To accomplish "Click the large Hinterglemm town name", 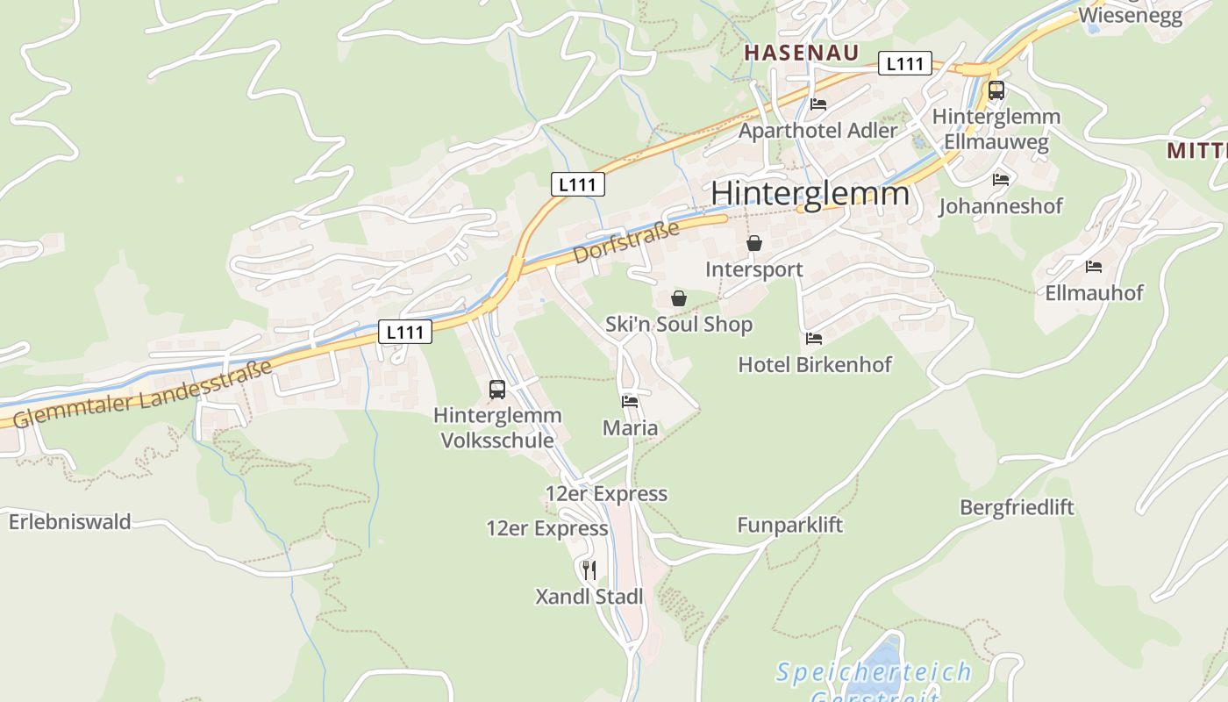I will pyautogui.click(x=810, y=193).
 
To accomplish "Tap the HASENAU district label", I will pyautogui.click(x=801, y=53).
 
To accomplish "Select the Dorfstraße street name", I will pyautogui.click(x=626, y=242).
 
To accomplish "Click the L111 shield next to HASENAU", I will pyautogui.click(x=904, y=63).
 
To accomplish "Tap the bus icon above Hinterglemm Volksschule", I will pyautogui.click(x=497, y=389).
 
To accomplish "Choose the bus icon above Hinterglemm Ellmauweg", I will pyautogui.click(x=996, y=90).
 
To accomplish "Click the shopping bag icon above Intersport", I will pyautogui.click(x=754, y=243).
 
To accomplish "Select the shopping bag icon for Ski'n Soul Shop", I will pyautogui.click(x=679, y=298).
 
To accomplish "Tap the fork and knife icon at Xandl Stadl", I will pyautogui.click(x=589, y=570).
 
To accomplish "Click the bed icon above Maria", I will pyautogui.click(x=630, y=402).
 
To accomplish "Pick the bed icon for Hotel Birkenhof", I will pyautogui.click(x=814, y=338).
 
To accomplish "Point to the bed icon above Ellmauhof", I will pyautogui.click(x=1093, y=266).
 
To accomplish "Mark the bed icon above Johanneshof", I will pyautogui.click(x=1001, y=180).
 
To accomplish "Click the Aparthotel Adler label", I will pyautogui.click(x=817, y=131).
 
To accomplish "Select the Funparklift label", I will pyautogui.click(x=789, y=525).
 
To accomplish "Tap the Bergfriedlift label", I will pyautogui.click(x=1017, y=507).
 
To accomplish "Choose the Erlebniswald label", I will pyautogui.click(x=70, y=521).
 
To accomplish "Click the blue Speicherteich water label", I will pyautogui.click(x=874, y=673).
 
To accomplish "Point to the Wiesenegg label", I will pyautogui.click(x=1130, y=15).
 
